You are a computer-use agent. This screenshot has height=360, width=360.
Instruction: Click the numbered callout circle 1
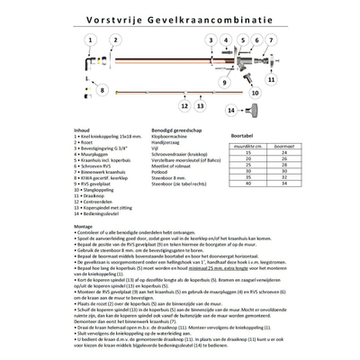tap(90, 40)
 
